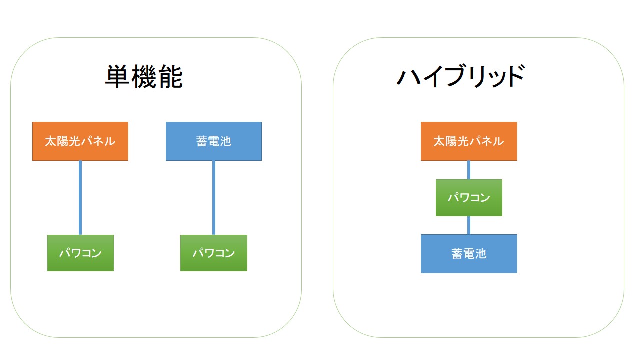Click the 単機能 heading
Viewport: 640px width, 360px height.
point(144,76)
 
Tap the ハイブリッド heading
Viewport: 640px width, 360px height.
point(461,76)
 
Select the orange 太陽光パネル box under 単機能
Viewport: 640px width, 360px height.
point(80,141)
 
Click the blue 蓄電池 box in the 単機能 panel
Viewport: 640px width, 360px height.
point(214,141)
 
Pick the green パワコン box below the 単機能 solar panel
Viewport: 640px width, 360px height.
point(80,253)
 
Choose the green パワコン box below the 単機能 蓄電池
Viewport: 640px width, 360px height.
point(214,253)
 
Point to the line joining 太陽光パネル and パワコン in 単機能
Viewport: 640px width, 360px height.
point(80,198)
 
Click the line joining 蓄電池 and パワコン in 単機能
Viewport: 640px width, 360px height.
point(214,198)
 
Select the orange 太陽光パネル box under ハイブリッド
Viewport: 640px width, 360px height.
point(469,141)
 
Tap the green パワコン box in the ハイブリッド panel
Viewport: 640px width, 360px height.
point(469,198)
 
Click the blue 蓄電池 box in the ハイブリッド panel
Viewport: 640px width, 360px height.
point(469,254)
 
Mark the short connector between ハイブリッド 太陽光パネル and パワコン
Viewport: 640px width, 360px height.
point(469,170)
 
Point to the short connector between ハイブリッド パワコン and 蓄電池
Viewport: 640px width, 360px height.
point(469,225)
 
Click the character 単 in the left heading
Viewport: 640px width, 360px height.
point(117,76)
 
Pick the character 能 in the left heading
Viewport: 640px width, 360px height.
point(171,76)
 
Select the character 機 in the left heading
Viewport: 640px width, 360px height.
point(144,76)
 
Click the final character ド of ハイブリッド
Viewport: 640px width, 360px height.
point(515,76)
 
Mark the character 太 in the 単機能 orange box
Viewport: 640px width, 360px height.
point(51,141)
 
